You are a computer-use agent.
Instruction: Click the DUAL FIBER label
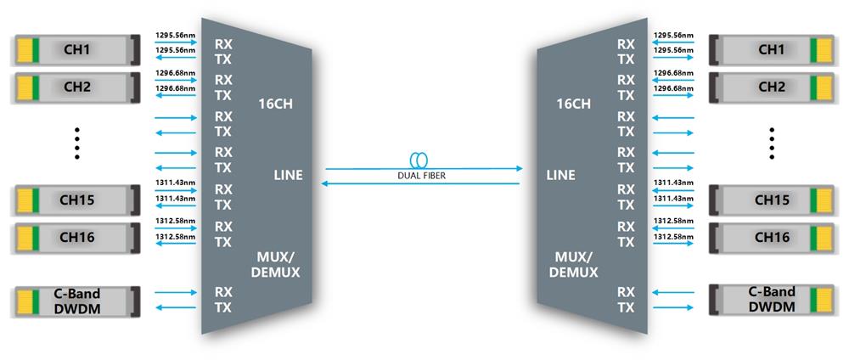point(421,176)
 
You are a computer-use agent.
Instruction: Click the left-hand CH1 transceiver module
point(75,50)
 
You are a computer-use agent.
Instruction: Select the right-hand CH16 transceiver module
point(770,237)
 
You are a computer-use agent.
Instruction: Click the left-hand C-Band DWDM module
point(75,300)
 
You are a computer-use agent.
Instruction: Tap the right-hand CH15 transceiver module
point(770,200)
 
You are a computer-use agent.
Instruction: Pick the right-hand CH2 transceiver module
point(770,87)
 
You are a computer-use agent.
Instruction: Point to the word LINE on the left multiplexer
point(288,176)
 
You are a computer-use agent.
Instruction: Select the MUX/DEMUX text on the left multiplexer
point(278,265)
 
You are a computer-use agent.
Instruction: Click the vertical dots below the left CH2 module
point(76,143)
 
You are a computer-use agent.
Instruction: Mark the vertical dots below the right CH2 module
point(772,143)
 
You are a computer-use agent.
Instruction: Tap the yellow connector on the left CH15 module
point(26,200)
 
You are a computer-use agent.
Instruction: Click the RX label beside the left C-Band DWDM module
point(222,292)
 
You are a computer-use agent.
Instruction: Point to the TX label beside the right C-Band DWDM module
point(626,308)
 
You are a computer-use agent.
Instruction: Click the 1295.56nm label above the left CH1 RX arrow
point(175,37)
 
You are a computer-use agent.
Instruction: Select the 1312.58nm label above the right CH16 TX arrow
point(673,235)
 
